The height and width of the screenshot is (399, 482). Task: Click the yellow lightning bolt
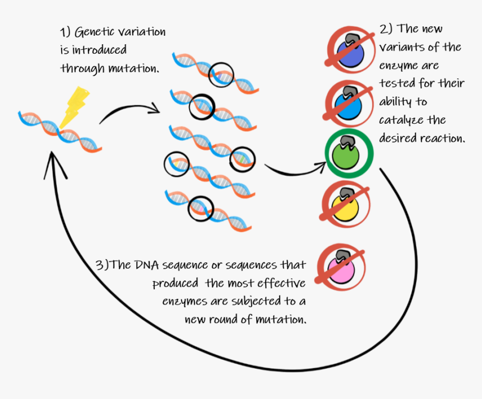(x=74, y=106)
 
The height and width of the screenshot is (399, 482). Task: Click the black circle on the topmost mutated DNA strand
(x=221, y=74)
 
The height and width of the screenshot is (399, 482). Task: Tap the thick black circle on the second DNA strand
(x=201, y=107)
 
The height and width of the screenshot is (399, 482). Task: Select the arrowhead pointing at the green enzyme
(x=321, y=165)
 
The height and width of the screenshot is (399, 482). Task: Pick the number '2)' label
(x=387, y=29)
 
